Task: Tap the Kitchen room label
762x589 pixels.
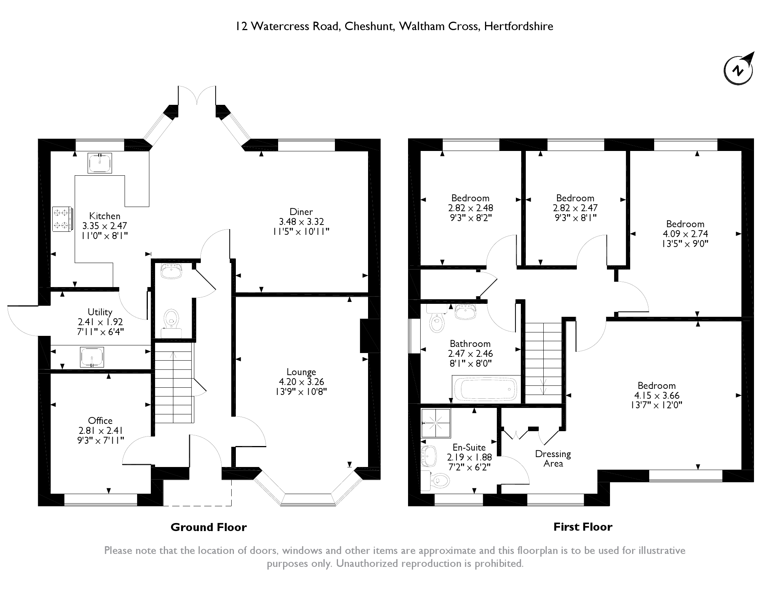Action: tap(104, 216)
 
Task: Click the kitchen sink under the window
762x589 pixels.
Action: tap(100, 163)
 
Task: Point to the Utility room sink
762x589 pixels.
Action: tap(92, 357)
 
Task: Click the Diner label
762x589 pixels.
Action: tap(301, 212)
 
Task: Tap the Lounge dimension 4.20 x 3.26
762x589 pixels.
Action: tap(301, 382)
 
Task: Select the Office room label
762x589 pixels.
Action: tap(100, 420)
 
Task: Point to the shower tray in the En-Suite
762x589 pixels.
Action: tap(436, 423)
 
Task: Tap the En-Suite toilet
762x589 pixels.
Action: tap(438, 481)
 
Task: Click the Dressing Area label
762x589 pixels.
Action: tap(553, 459)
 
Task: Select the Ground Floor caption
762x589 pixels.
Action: tap(208, 527)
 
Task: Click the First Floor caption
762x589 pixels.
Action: tap(583, 527)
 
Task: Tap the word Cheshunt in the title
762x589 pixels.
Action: tap(370, 26)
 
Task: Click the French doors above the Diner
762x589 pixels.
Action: tap(197, 95)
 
